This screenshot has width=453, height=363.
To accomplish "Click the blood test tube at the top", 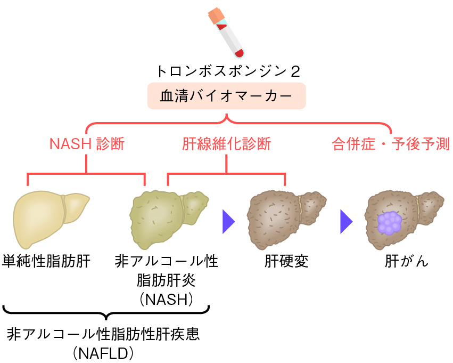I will click(x=227, y=35).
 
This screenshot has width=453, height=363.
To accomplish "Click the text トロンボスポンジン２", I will click(x=226, y=71).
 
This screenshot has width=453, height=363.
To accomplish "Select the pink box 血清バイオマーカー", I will click(x=226, y=96).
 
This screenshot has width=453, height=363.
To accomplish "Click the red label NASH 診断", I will click(x=87, y=144).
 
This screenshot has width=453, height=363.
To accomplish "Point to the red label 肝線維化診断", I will click(x=226, y=144).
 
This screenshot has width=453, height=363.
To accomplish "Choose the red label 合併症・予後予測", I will click(x=391, y=144).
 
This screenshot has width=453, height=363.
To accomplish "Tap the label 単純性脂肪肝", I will click(x=46, y=262).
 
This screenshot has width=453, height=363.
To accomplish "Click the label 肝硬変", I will click(x=286, y=262).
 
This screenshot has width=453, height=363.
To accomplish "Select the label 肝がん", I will click(x=407, y=262).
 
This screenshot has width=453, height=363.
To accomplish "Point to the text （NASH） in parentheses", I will click(x=166, y=300).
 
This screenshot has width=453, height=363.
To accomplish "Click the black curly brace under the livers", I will click(x=106, y=313).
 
